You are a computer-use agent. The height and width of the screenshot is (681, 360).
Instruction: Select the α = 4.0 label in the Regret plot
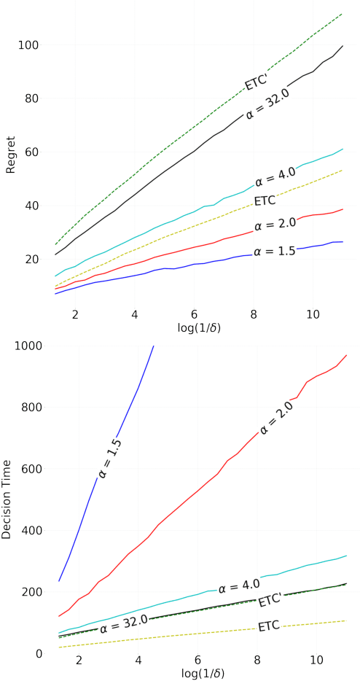point(275,176)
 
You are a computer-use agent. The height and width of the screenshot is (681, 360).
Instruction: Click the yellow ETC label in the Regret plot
point(265,201)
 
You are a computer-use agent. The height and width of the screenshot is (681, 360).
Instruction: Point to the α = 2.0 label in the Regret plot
point(275,223)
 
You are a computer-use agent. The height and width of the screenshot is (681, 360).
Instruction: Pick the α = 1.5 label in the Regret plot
point(275,252)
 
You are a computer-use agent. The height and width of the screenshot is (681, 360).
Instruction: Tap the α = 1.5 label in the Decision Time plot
point(110,458)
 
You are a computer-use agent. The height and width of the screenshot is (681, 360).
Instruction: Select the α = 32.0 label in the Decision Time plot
point(125,623)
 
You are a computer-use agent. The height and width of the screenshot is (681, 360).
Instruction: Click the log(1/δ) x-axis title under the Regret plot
point(199,327)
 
